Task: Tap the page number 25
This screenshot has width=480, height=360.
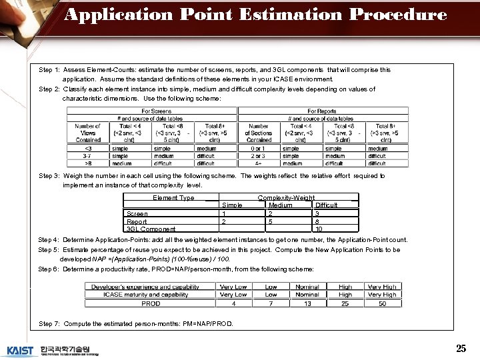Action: pos(461,348)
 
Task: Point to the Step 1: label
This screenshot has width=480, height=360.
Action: pos(50,69)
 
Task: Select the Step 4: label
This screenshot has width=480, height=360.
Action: pos(50,240)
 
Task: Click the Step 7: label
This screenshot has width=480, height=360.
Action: pos(50,323)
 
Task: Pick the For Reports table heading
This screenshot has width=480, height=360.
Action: pos(321,111)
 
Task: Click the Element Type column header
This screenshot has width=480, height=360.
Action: pos(173,198)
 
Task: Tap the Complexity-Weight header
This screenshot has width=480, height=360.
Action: pos(286,198)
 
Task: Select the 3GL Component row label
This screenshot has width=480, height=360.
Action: pos(151,229)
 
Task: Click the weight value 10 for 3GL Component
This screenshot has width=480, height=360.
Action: pos(319,229)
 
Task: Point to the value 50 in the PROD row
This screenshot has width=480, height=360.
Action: pos(381,304)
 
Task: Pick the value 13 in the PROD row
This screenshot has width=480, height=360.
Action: pos(307,304)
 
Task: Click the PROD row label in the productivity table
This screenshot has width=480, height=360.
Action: pos(151,304)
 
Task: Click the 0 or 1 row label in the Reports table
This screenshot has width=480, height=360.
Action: pos(258,149)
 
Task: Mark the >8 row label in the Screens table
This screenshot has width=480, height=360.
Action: pos(88,163)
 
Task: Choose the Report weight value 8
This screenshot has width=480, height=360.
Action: pos(318,221)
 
